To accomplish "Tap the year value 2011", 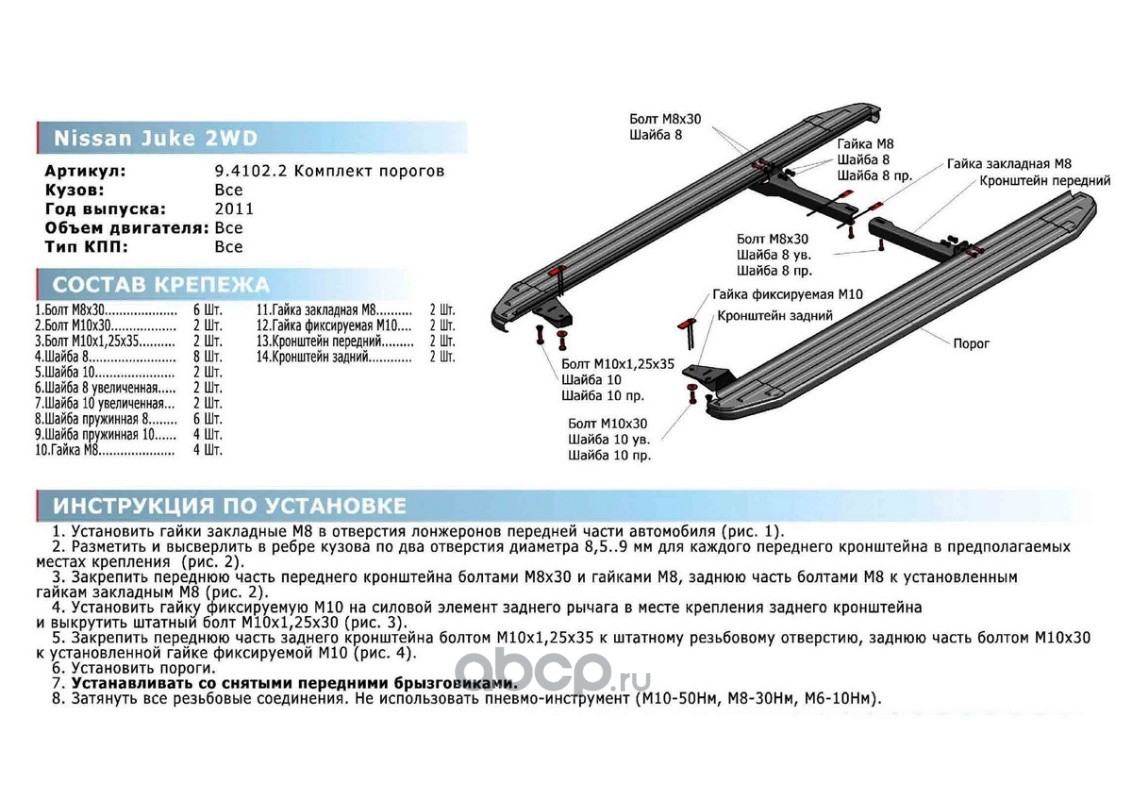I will [x=234, y=209].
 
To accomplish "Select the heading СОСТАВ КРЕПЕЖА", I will [x=161, y=284].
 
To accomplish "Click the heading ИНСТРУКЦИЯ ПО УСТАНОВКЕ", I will [x=229, y=505].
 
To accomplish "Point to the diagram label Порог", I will [x=969, y=343].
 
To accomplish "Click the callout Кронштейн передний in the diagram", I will [x=1045, y=181].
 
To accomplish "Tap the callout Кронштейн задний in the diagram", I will [x=775, y=316].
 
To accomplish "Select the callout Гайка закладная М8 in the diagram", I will [x=1009, y=163].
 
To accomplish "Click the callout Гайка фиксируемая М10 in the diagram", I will [x=788, y=295].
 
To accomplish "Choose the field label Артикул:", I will [x=85, y=171].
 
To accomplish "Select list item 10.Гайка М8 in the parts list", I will [x=70, y=451].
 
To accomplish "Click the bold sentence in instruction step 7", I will [x=295, y=683].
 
